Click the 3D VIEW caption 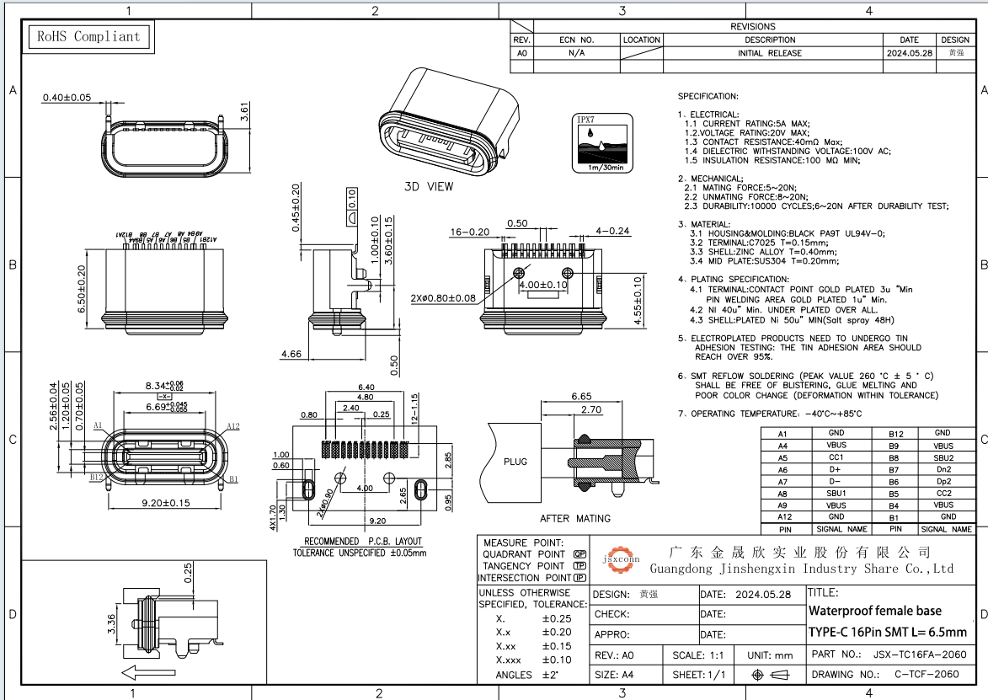pos(429,186)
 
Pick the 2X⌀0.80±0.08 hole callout pos(443,298)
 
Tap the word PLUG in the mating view pos(515,462)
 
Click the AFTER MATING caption pos(575,518)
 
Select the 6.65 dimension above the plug pos(580,396)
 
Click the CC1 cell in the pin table pos(836,457)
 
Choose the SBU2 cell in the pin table pos(943,457)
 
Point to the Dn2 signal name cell pos(943,469)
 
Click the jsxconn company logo pos(622,558)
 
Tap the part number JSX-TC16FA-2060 pos(918,655)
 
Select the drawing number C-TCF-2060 pos(926,675)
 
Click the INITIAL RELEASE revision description pos(770,53)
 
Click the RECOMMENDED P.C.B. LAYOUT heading pos(362,541)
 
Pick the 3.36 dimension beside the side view pos(110,623)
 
